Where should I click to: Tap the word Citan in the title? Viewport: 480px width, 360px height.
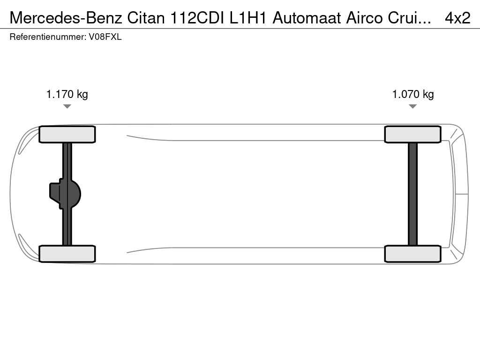pyautogui.click(x=146, y=18)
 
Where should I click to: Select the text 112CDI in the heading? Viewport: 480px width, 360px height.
pyautogui.click(x=197, y=18)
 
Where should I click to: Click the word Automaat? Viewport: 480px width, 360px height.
pyautogui.click(x=307, y=18)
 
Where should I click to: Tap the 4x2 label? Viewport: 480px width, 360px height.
pyautogui.click(x=457, y=18)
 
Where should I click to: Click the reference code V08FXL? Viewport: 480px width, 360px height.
pyautogui.click(x=105, y=37)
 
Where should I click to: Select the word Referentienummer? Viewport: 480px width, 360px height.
pyautogui.click(x=48, y=37)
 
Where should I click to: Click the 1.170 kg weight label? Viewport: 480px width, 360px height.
pyautogui.click(x=67, y=94)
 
